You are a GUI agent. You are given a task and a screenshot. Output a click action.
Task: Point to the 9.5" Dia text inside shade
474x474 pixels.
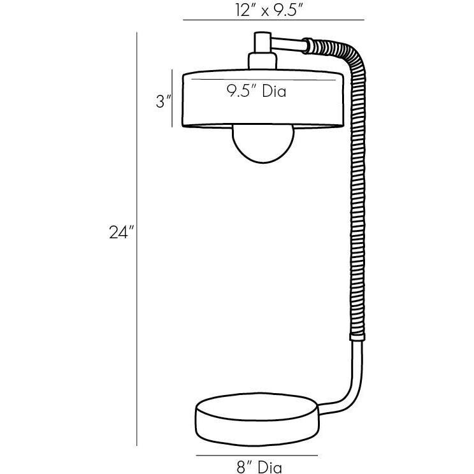pos(256,91)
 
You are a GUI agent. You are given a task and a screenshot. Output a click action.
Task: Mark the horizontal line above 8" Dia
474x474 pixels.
pos(256,456)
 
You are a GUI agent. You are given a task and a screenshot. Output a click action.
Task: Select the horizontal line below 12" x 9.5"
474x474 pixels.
pos(273,21)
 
